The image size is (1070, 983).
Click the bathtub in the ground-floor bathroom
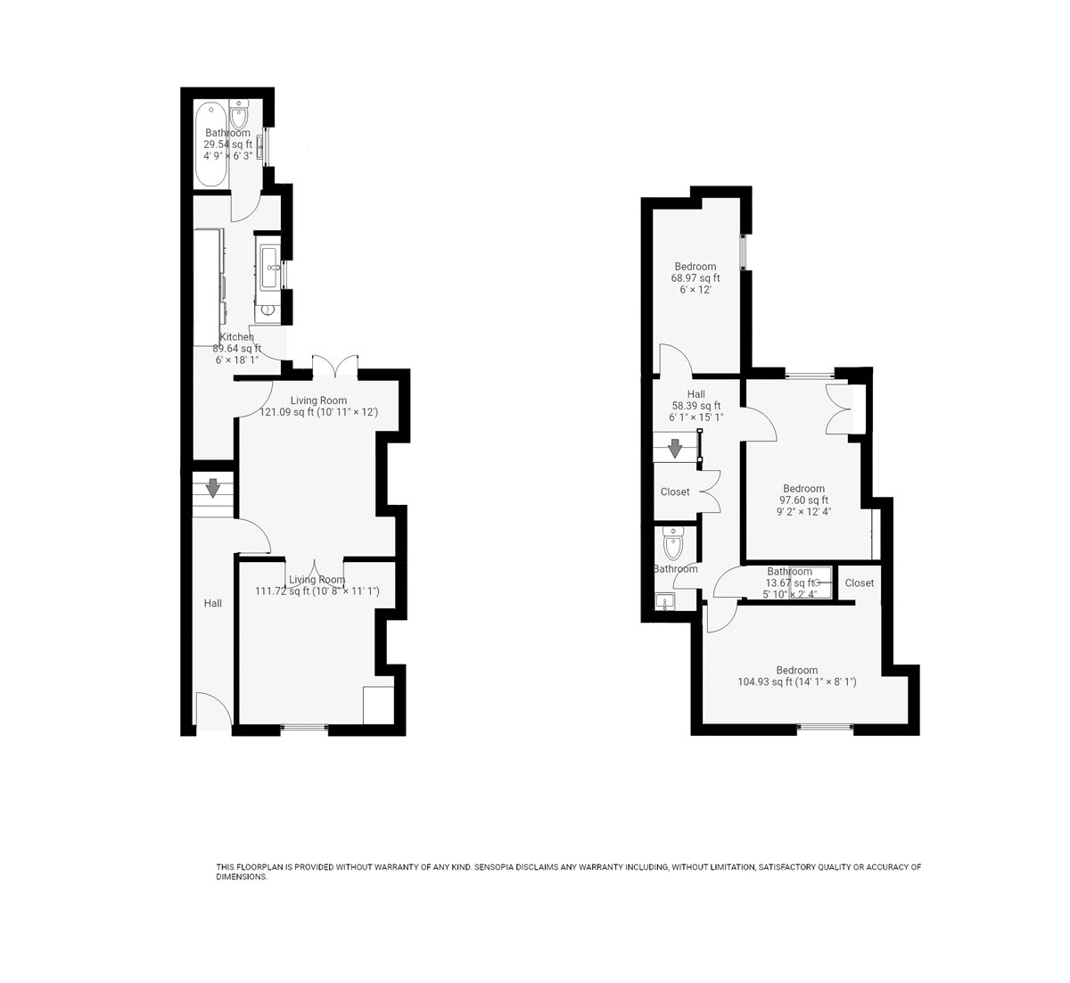click(211, 145)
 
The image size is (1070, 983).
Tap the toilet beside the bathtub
click(238, 114)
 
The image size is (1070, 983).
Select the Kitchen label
click(237, 337)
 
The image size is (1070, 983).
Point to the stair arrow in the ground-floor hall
click(213, 488)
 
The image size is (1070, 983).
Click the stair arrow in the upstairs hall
click(675, 449)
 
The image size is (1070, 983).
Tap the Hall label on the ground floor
click(213, 603)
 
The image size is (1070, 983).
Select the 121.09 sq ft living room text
click(318, 412)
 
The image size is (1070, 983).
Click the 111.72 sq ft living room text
click(317, 591)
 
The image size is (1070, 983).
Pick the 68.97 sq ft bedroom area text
click(695, 278)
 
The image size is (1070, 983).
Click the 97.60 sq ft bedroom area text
click(803, 500)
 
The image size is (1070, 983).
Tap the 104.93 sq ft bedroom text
click(797, 681)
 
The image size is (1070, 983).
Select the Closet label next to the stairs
click(675, 491)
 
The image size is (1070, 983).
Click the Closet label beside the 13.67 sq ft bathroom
click(860, 582)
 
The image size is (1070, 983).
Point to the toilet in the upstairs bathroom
click(673, 542)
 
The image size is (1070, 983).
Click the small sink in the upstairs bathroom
click(665, 601)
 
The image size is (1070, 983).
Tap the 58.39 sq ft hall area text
click(696, 406)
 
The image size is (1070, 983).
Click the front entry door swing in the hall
click(214, 710)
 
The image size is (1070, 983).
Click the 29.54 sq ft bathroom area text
click(227, 145)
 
